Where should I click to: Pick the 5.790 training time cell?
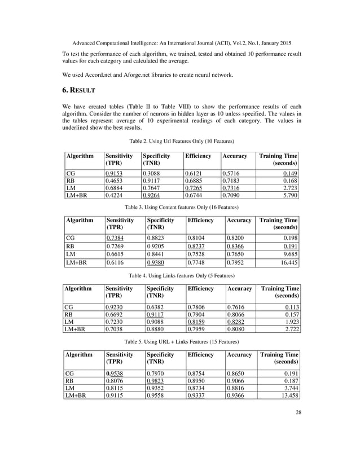(289, 196)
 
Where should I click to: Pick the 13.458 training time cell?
(287, 395)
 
